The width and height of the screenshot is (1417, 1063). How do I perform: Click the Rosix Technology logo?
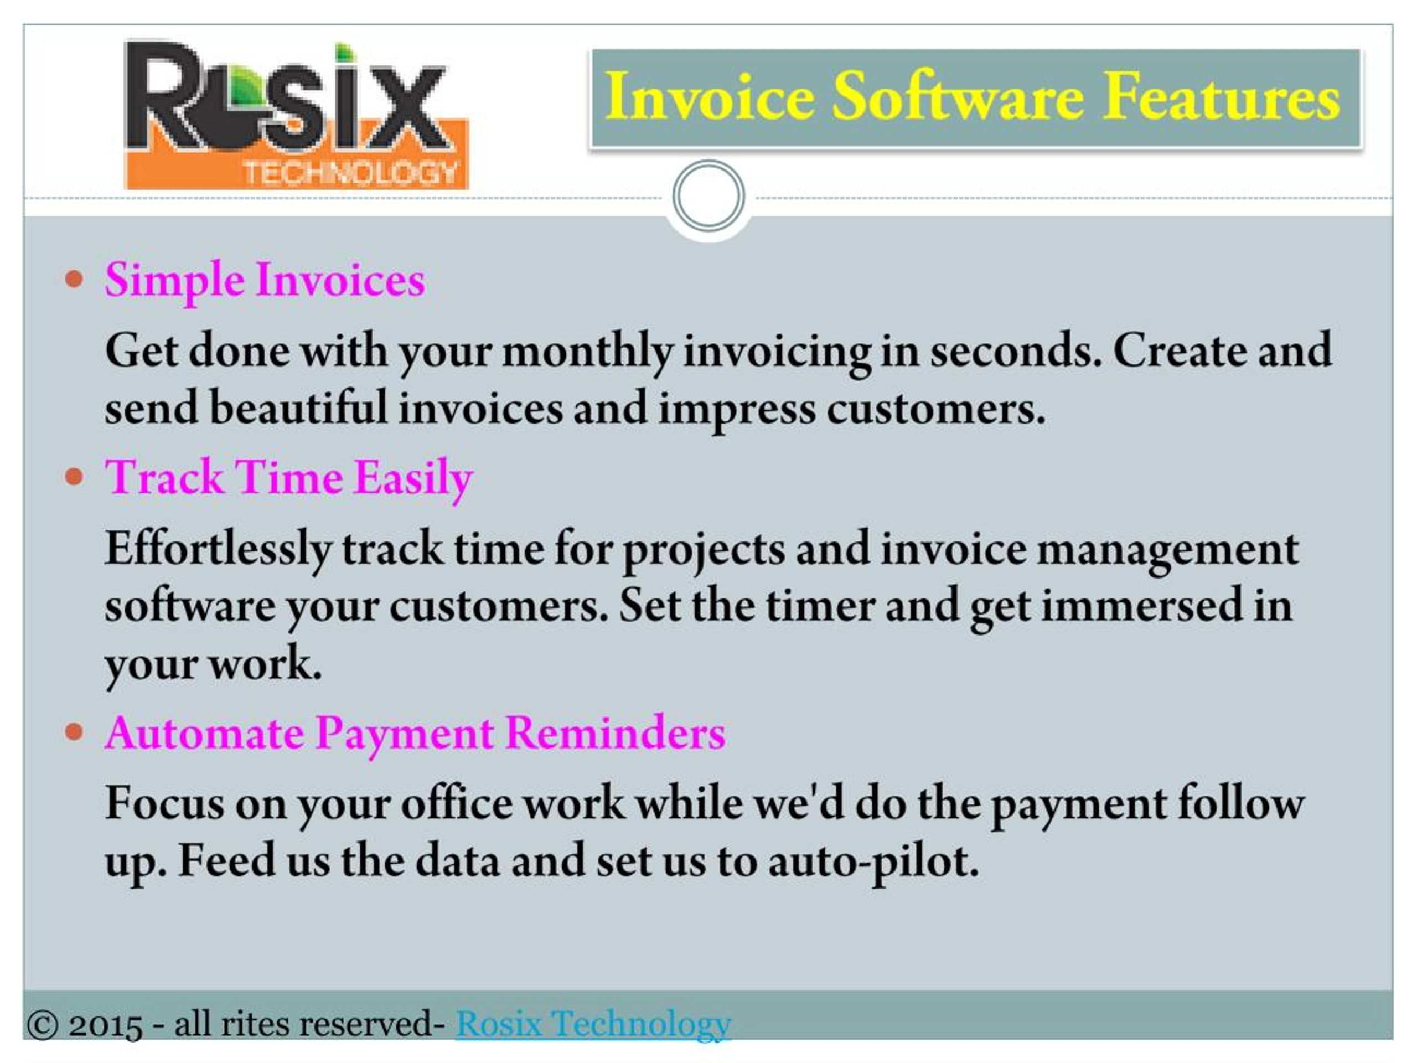tap(297, 116)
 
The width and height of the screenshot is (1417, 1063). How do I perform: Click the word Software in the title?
tap(958, 97)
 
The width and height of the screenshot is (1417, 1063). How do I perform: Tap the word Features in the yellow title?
tap(1221, 97)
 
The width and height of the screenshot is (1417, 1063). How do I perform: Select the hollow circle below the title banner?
tap(708, 195)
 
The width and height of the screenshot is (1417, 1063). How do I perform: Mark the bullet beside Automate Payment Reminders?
tap(74, 731)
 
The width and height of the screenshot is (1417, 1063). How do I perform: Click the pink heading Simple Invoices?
tap(265, 281)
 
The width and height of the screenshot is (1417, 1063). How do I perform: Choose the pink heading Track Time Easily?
tap(289, 479)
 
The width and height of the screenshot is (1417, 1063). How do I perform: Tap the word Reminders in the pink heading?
tap(616, 732)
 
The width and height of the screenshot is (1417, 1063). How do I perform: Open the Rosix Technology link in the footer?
tap(593, 1023)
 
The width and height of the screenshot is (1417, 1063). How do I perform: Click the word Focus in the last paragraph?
tap(164, 803)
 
